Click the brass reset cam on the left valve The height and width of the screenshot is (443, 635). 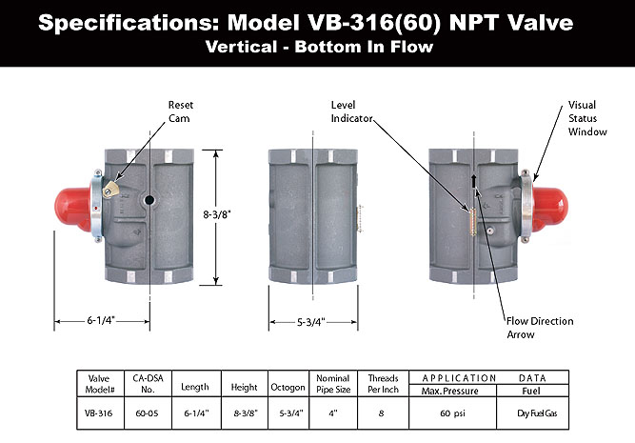110,190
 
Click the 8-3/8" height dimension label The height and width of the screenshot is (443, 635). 217,214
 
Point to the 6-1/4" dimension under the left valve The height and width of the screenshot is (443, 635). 101,320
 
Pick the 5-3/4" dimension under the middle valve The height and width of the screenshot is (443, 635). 311,322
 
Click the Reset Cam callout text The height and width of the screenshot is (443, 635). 181,111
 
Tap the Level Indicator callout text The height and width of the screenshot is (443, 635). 351,111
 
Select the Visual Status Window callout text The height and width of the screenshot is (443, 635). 587,118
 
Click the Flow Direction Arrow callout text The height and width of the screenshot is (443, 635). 540,328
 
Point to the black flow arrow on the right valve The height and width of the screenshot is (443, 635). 474,181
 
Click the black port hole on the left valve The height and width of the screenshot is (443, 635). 149,200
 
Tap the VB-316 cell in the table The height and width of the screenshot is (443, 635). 98,413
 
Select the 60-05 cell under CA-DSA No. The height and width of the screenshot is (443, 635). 147,413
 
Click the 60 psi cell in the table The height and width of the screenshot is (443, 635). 452,413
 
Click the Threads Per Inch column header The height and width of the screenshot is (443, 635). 383,384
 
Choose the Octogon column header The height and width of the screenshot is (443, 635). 288,388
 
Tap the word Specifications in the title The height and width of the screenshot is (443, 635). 129,23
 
